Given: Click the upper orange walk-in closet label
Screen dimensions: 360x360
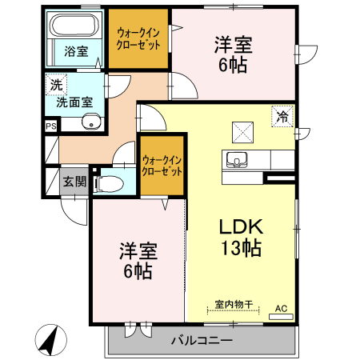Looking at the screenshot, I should (x=138, y=38).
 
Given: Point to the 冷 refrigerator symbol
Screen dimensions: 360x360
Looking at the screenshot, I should (x=282, y=116).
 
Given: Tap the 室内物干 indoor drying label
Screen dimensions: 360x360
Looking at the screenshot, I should (x=234, y=305).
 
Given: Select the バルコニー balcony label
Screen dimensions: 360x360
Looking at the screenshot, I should (x=202, y=342).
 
